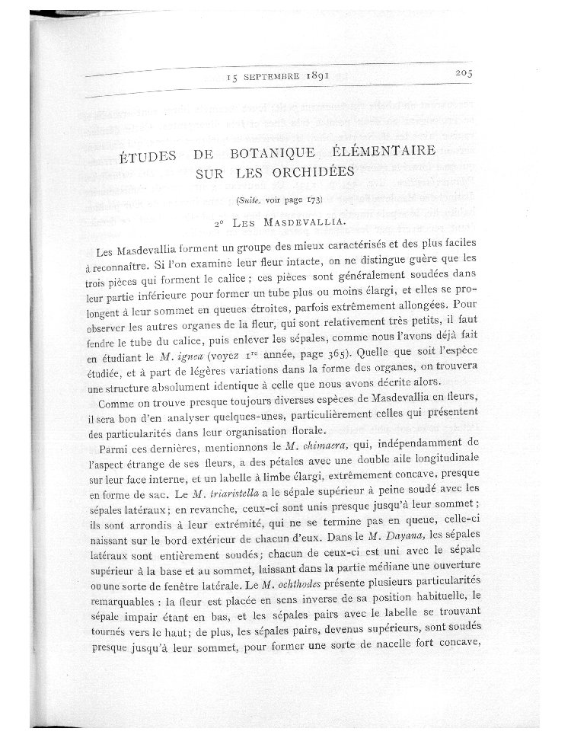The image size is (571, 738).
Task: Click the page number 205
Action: pyautogui.click(x=461, y=73)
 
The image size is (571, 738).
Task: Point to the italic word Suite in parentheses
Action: pyautogui.click(x=249, y=200)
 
